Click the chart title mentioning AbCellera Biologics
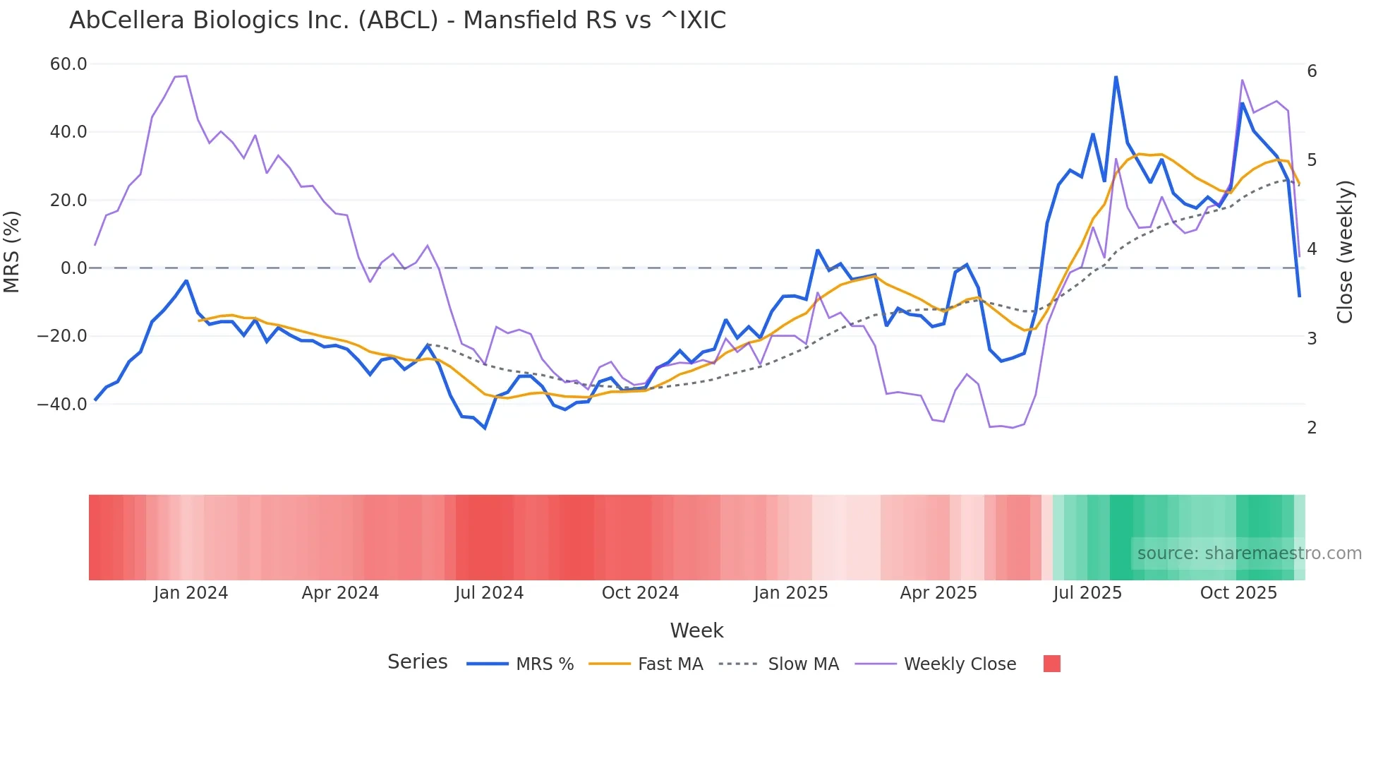[x=397, y=20]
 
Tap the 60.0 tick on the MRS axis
[x=68, y=64]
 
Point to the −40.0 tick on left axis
[x=62, y=405]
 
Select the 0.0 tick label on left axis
[x=74, y=268]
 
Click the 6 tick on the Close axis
[x=1312, y=71]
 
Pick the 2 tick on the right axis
[x=1312, y=428]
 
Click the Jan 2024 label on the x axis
[x=191, y=593]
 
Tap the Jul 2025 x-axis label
[x=1087, y=593]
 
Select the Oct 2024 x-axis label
[x=640, y=593]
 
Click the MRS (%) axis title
[x=12, y=252]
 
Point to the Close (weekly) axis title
[x=1345, y=252]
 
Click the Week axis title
[x=696, y=630]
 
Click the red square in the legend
[x=1051, y=664]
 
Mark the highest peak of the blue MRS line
[x=1116, y=77]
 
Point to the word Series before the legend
[x=417, y=662]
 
